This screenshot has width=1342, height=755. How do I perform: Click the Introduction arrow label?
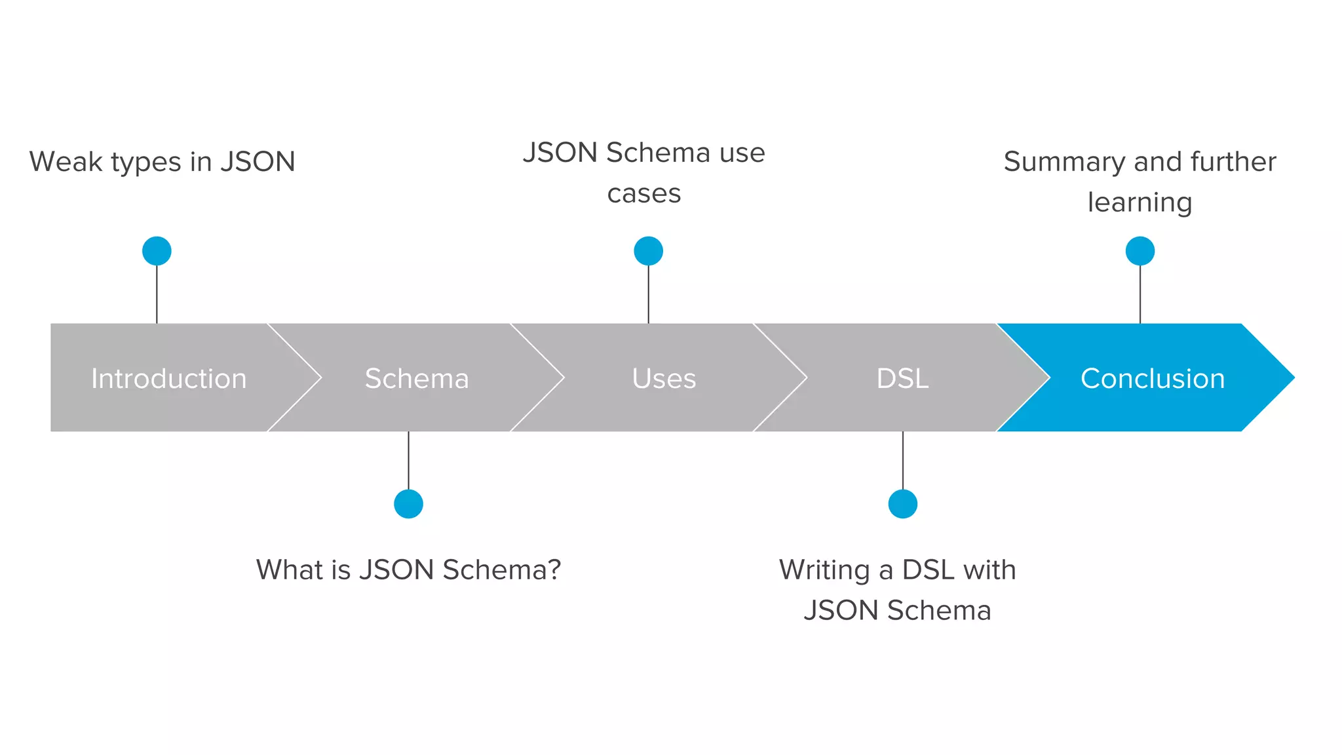click(x=168, y=378)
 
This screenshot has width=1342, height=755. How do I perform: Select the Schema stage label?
click(x=417, y=378)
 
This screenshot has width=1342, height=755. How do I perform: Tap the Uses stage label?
click(x=664, y=378)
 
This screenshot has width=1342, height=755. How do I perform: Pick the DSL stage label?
click(x=902, y=378)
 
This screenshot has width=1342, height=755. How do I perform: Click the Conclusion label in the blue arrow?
click(x=1152, y=378)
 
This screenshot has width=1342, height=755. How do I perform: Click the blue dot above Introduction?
click(x=157, y=251)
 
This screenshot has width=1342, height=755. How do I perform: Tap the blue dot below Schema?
click(x=408, y=504)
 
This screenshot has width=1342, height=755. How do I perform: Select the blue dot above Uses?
click(x=648, y=251)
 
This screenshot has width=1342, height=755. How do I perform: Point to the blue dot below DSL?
click(x=902, y=504)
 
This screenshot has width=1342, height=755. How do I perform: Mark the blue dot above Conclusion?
click(x=1140, y=251)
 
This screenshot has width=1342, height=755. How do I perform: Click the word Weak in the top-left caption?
click(x=66, y=162)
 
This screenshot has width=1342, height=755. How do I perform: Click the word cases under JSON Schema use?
click(x=643, y=194)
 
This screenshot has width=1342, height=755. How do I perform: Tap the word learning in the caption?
click(x=1140, y=203)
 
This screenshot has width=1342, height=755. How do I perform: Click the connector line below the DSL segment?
click(x=902, y=460)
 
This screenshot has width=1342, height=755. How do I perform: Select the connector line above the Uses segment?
click(x=648, y=295)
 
